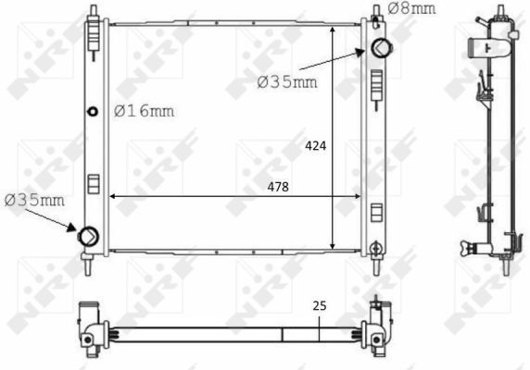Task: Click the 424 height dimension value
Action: (316, 146)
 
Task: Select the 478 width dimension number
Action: (278, 187)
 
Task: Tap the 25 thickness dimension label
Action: (320, 306)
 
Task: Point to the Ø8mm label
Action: (411, 8)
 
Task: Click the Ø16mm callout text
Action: (144, 111)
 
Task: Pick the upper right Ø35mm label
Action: (287, 82)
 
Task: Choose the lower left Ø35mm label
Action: (34, 201)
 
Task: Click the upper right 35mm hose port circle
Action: (382, 48)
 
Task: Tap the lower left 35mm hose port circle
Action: (89, 236)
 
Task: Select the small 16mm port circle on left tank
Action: (93, 111)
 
